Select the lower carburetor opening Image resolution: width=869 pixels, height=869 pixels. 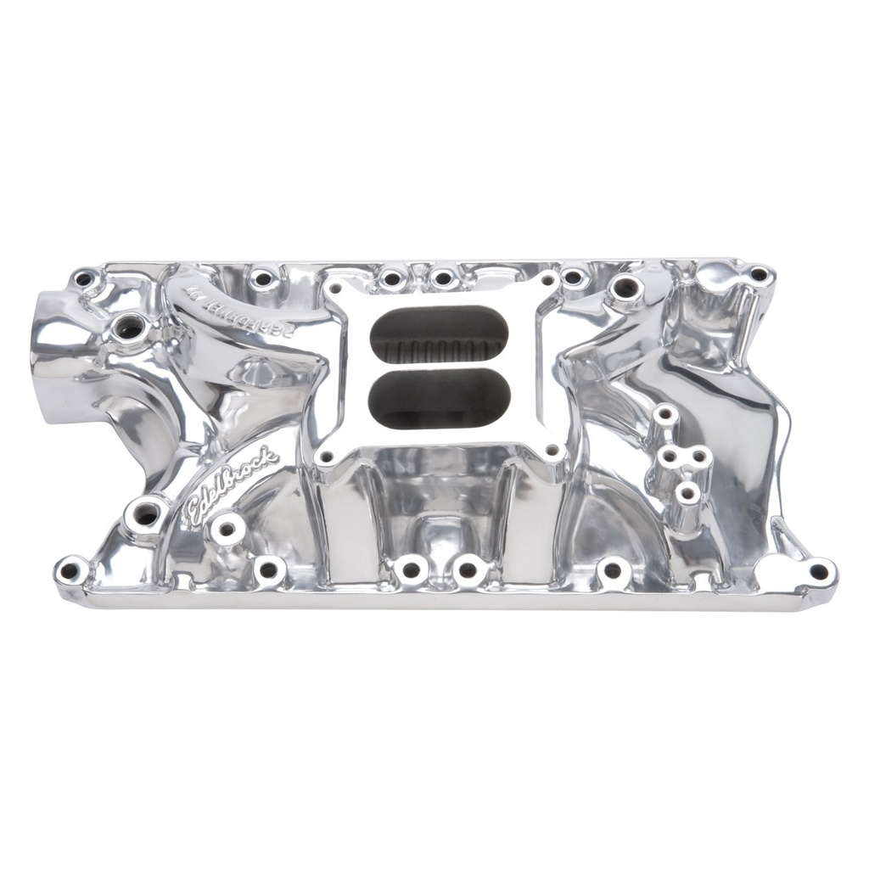click(440, 401)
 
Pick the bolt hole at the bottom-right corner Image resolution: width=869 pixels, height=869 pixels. click(818, 571)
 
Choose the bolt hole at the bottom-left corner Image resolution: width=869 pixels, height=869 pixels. click(70, 568)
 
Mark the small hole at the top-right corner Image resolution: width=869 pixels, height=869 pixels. click(758, 274)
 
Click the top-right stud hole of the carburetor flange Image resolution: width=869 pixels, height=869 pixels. click(547, 278)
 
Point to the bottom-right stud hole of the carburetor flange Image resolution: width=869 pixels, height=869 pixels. click(552, 450)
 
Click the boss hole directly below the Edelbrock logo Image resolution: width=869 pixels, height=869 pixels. click(227, 528)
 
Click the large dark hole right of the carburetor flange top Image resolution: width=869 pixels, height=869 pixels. click(625, 289)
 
